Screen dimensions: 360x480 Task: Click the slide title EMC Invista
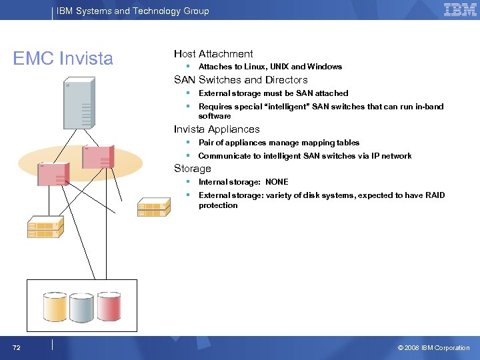tap(63, 59)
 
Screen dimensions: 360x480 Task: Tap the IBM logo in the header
tap(460, 10)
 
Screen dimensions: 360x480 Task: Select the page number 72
tap(16, 347)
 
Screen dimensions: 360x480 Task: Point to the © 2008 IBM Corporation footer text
tap(433, 347)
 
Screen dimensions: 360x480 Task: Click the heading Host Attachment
tap(213, 53)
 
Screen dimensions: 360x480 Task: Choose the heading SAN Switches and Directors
tap(241, 80)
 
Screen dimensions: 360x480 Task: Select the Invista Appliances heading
tap(217, 129)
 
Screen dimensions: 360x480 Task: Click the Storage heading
tap(192, 169)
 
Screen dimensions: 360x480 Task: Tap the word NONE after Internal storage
tap(277, 182)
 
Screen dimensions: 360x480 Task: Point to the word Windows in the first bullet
tap(325, 67)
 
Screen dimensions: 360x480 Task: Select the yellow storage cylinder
tap(54, 306)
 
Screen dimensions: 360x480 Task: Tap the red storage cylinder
tap(109, 306)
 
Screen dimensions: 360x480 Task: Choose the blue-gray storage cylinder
tap(81, 306)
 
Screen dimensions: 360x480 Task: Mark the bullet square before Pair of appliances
tap(189, 143)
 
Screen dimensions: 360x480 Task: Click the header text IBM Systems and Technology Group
tap(133, 11)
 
